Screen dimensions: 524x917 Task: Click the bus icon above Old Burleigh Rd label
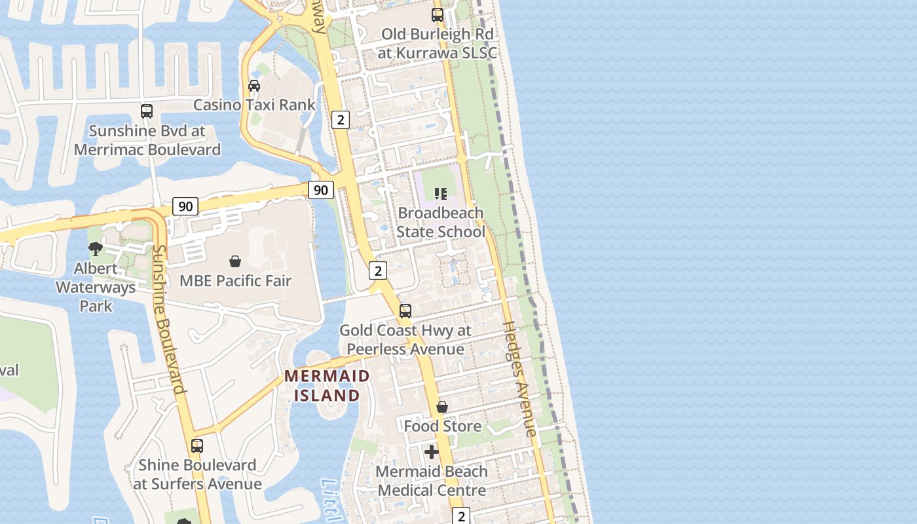[438, 14]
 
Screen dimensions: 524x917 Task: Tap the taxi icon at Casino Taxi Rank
[254, 86]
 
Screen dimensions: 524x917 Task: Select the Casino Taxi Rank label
[254, 105]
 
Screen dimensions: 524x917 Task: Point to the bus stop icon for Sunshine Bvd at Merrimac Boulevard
[147, 111]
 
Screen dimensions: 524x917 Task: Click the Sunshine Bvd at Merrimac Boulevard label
[147, 140]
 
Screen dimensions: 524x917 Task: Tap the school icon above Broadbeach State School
[440, 193]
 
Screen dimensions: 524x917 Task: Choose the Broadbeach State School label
[440, 222]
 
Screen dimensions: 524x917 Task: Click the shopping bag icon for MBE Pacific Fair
[235, 262]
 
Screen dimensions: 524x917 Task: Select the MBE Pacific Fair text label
[235, 281]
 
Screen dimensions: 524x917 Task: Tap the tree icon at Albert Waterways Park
[96, 249]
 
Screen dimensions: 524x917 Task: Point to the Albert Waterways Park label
[96, 287]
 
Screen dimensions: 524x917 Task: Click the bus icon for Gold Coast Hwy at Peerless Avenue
[405, 311]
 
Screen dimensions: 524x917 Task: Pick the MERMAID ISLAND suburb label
[327, 386]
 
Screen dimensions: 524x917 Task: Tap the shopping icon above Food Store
[442, 407]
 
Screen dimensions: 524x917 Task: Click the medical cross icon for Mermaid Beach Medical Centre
[432, 452]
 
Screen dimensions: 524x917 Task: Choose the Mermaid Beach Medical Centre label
[432, 481]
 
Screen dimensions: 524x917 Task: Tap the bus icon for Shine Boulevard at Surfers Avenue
[197, 446]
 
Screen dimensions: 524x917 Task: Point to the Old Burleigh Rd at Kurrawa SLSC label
[437, 43]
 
